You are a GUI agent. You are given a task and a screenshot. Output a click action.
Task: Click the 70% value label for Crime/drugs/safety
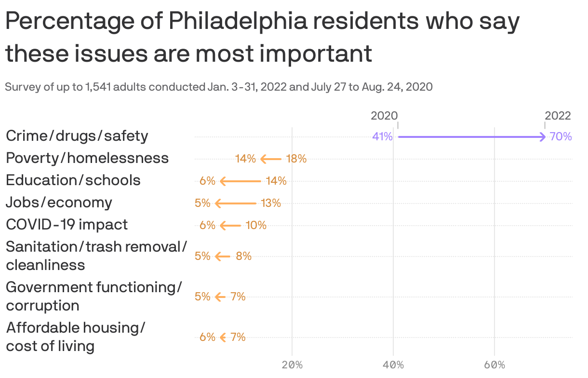click(x=561, y=136)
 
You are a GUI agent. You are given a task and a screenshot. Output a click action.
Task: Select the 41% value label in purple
click(x=382, y=136)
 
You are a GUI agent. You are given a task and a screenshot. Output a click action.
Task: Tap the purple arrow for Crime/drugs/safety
click(x=471, y=137)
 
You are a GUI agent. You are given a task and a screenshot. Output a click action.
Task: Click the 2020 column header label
click(x=384, y=116)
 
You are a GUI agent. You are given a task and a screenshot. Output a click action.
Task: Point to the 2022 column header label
click(x=558, y=116)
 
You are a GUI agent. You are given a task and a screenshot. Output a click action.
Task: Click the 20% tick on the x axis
click(x=292, y=365)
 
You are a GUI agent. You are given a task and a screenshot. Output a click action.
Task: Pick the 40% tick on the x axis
click(x=393, y=365)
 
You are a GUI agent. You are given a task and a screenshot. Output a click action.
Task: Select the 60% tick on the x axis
click(x=494, y=365)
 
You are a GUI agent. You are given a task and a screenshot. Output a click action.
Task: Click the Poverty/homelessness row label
click(x=87, y=158)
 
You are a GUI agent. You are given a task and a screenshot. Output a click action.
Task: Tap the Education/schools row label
click(x=73, y=180)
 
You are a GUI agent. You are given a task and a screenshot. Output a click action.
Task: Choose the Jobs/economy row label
click(x=59, y=202)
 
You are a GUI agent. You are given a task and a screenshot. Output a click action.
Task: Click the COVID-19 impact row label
click(x=67, y=225)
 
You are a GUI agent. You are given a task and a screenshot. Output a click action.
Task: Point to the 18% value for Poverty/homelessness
click(x=296, y=159)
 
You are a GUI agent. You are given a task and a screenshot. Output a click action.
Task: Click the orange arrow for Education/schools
click(x=240, y=181)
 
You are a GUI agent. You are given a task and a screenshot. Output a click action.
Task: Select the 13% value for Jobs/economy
click(x=271, y=203)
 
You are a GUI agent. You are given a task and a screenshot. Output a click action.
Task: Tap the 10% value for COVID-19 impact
click(x=256, y=225)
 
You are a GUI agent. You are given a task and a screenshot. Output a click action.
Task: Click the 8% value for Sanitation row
click(x=243, y=256)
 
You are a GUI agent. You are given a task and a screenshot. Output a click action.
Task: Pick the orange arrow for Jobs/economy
click(x=235, y=203)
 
